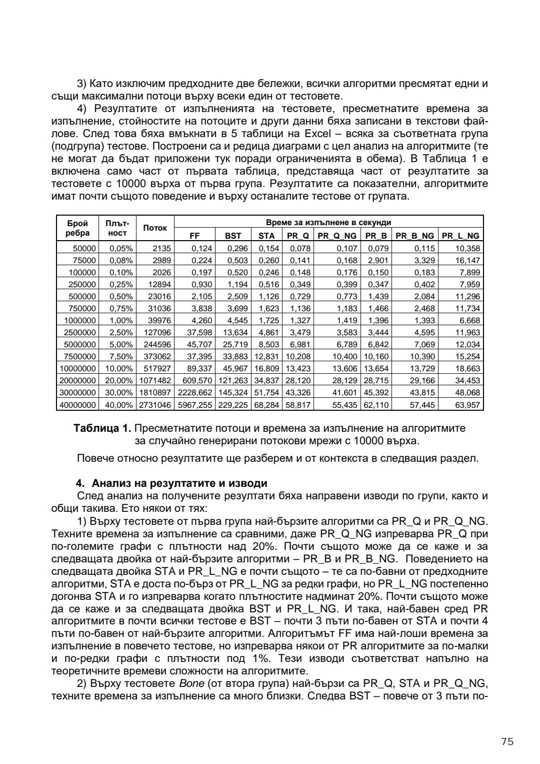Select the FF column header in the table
point(194,236)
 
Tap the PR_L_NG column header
point(460,236)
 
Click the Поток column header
point(155,228)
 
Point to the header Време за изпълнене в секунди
point(328,222)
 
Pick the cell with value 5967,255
point(194,405)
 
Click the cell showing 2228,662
point(194,393)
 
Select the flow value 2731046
point(155,405)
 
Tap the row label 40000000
point(77,405)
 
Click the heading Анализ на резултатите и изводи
point(179,484)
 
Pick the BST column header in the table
point(233,236)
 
